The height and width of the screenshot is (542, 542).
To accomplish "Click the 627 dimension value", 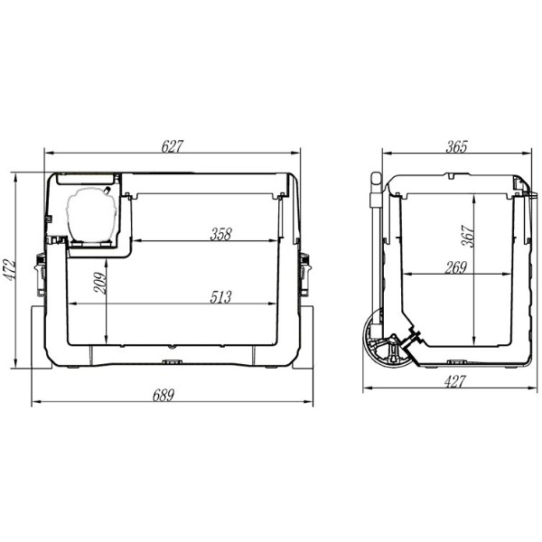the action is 172,146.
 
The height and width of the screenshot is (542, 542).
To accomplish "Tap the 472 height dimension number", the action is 9,269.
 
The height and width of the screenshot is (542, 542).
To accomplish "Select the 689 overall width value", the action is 164,396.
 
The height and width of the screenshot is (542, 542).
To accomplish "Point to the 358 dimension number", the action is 221,234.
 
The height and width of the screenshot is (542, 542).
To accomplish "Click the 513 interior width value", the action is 221,297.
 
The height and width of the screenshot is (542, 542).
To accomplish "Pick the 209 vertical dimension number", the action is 100,283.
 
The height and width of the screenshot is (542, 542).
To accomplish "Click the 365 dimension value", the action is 456,146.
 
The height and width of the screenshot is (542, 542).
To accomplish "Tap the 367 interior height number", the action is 468,236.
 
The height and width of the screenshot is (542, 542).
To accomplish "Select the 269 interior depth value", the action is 456,268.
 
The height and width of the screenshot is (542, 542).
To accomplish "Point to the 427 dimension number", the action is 455,382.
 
